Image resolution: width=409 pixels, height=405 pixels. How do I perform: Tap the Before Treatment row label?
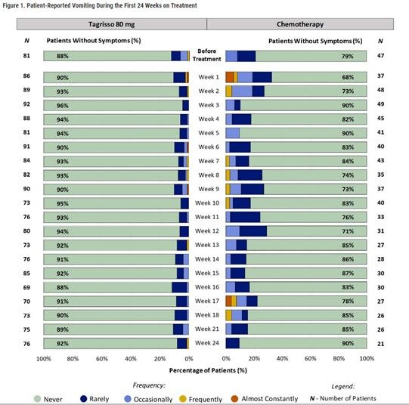click(206, 56)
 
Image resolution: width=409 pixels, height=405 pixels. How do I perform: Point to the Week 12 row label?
click(206, 231)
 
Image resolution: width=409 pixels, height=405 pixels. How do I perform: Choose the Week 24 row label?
click(206, 342)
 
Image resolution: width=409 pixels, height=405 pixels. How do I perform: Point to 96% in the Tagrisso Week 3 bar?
click(63, 105)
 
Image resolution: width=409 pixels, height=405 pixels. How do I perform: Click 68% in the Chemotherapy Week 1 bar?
click(348, 77)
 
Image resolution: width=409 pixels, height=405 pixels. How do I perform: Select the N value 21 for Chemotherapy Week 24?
click(381, 342)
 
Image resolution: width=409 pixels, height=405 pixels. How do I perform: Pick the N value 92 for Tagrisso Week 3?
click(27, 105)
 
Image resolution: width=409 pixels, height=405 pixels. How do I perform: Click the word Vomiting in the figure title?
click(98, 5)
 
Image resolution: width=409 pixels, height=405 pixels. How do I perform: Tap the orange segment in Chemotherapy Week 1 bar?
click(229, 77)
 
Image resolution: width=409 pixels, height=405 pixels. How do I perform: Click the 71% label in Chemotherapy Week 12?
click(348, 231)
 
